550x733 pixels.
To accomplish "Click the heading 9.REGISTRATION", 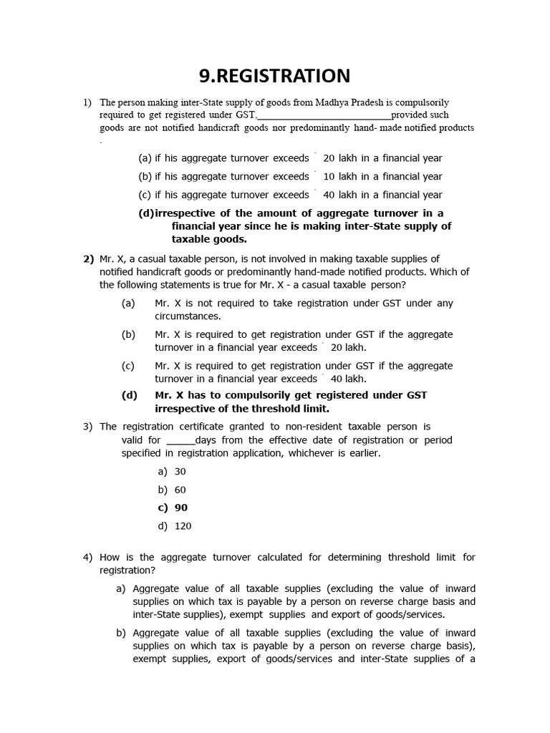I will point(275,75).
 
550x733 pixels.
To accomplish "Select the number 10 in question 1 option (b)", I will point(329,176).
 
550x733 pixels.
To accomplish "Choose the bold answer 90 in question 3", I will point(180,508).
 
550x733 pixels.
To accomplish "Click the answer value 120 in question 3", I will point(183,526).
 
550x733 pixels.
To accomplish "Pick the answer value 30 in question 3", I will point(180,472).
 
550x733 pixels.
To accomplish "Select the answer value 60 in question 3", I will point(180,490).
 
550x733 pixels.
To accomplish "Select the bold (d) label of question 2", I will point(130,395).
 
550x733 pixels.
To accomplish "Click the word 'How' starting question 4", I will point(110,557).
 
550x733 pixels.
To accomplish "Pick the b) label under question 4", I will point(120,633).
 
